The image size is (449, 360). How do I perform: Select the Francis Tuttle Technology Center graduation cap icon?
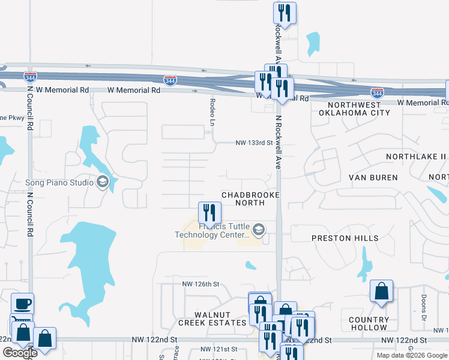click(x=259, y=229)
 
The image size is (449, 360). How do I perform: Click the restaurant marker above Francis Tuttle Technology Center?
click(x=209, y=212)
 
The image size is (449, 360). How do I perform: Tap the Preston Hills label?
click(x=345, y=238)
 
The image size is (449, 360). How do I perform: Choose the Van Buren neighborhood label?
click(x=373, y=178)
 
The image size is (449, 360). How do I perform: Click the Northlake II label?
click(x=417, y=157)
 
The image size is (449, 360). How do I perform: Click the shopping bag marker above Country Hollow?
click(x=381, y=292)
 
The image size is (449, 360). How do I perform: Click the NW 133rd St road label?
click(x=253, y=143)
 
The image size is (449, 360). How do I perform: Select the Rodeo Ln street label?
click(x=212, y=112)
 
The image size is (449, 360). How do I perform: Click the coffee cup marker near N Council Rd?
click(x=22, y=304)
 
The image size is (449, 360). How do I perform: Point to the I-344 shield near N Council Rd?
click(x=31, y=76)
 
